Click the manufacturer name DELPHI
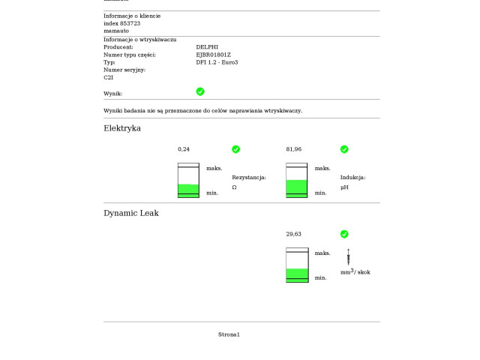[208, 47]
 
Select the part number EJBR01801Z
[214, 55]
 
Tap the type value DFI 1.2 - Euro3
[217, 62]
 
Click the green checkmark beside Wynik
[200, 91]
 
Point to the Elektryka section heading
[122, 128]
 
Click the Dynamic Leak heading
[131, 213]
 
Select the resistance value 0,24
[184, 149]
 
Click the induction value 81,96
[293, 149]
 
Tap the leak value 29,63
[293, 234]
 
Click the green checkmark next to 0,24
[236, 149]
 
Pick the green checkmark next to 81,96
[344, 149]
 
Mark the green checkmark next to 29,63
[344, 234]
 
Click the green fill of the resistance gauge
[188, 189]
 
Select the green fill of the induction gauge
[297, 187]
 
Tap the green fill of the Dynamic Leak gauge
[297, 274]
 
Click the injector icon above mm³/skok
[349, 256]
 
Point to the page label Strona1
[229, 334]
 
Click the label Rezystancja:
[249, 178]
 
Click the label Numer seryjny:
[124, 70]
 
